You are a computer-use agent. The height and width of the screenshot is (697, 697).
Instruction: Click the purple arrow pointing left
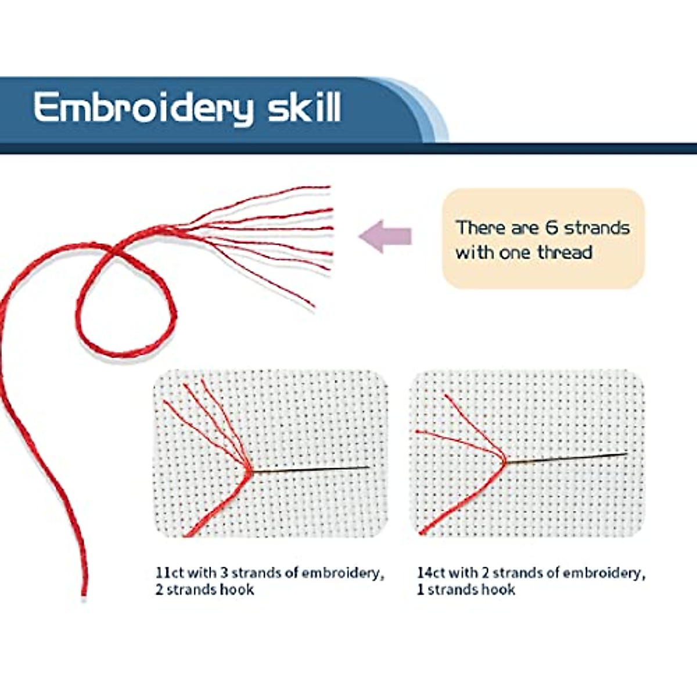coord(385,236)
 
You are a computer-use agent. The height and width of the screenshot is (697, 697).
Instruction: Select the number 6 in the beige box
coord(551,227)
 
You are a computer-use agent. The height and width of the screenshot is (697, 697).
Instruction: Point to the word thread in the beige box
coord(565,253)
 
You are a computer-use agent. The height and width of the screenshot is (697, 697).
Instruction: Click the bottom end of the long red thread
coord(84,592)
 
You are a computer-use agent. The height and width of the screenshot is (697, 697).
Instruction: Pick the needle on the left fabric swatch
coord(314,469)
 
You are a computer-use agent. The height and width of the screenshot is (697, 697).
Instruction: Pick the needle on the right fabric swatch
coord(569,458)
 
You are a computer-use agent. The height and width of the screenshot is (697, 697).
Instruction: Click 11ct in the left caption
coord(169,573)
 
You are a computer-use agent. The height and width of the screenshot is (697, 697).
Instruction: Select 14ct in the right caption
coord(430,573)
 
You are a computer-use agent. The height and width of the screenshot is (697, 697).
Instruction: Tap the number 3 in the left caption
coord(224,573)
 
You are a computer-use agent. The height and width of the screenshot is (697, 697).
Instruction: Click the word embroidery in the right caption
coord(603,573)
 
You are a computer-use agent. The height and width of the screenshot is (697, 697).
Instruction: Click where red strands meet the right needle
coord(504,462)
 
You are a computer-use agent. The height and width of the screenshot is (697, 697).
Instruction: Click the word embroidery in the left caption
coord(343,573)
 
